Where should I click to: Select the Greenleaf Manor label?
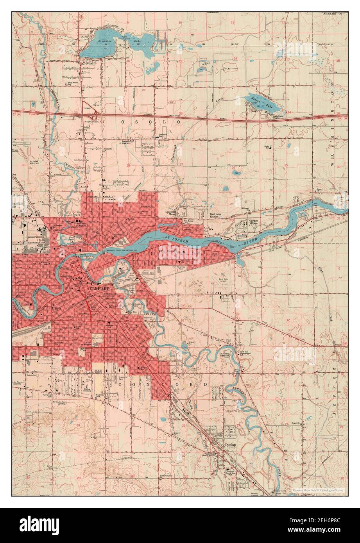[x=171, y=213]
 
